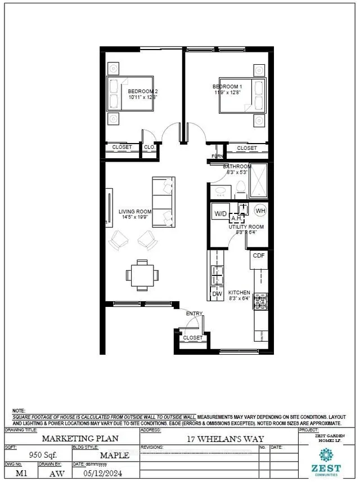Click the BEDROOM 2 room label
click(x=142, y=91)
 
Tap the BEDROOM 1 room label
click(x=227, y=86)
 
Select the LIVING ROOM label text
click(x=135, y=212)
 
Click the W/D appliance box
click(x=220, y=213)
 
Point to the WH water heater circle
click(x=260, y=211)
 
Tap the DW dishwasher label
click(x=217, y=294)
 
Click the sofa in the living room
click(x=164, y=202)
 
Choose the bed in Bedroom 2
click(x=129, y=94)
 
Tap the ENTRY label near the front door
click(x=194, y=313)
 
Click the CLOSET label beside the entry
click(x=193, y=338)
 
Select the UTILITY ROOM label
click(x=246, y=227)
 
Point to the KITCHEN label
click(x=238, y=293)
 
